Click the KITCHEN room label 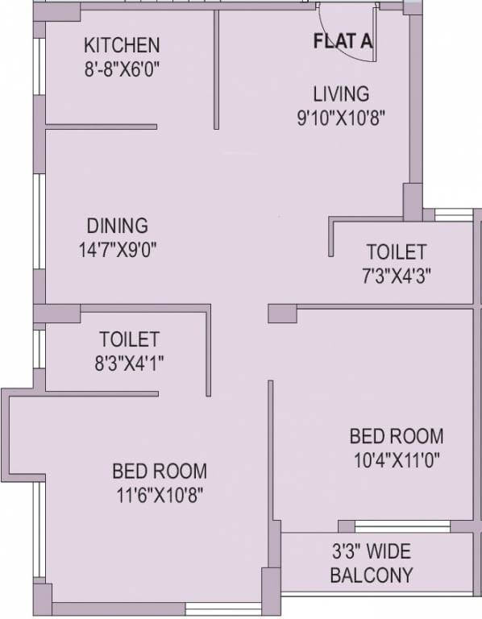point(123,44)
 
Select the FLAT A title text point(343,43)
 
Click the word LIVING point(342,93)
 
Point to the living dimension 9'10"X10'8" point(342,117)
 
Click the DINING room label point(118,225)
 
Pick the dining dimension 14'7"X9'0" point(117,249)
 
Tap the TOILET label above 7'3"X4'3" point(396,251)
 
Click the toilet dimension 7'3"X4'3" point(396,276)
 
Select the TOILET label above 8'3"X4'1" point(129,339)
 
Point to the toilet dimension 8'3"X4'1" point(129,363)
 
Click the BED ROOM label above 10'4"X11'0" point(396,437)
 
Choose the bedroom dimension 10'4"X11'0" point(396,461)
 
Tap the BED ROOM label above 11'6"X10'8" point(159,470)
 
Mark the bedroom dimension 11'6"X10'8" point(159,494)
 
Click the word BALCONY point(372,575)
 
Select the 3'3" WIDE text point(372,552)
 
